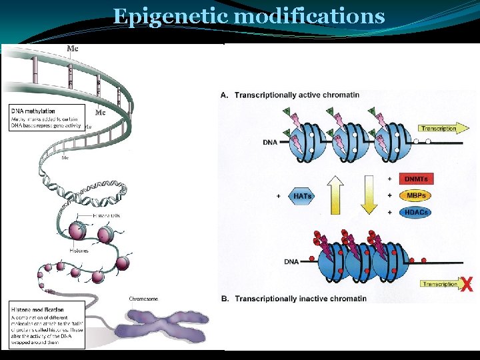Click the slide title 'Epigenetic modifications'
tap(249, 16)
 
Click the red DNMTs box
tap(415, 179)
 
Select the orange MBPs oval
tap(415, 196)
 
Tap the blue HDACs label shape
tap(415, 213)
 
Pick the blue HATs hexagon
tap(303, 196)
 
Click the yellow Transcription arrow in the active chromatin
tap(438, 128)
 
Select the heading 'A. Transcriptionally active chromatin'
tap(297, 95)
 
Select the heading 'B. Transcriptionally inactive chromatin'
tap(300, 299)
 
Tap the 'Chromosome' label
tap(143, 299)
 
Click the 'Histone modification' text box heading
tap(38, 310)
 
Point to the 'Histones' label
tap(79, 251)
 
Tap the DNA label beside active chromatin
tap(271, 142)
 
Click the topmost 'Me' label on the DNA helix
tap(73, 48)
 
